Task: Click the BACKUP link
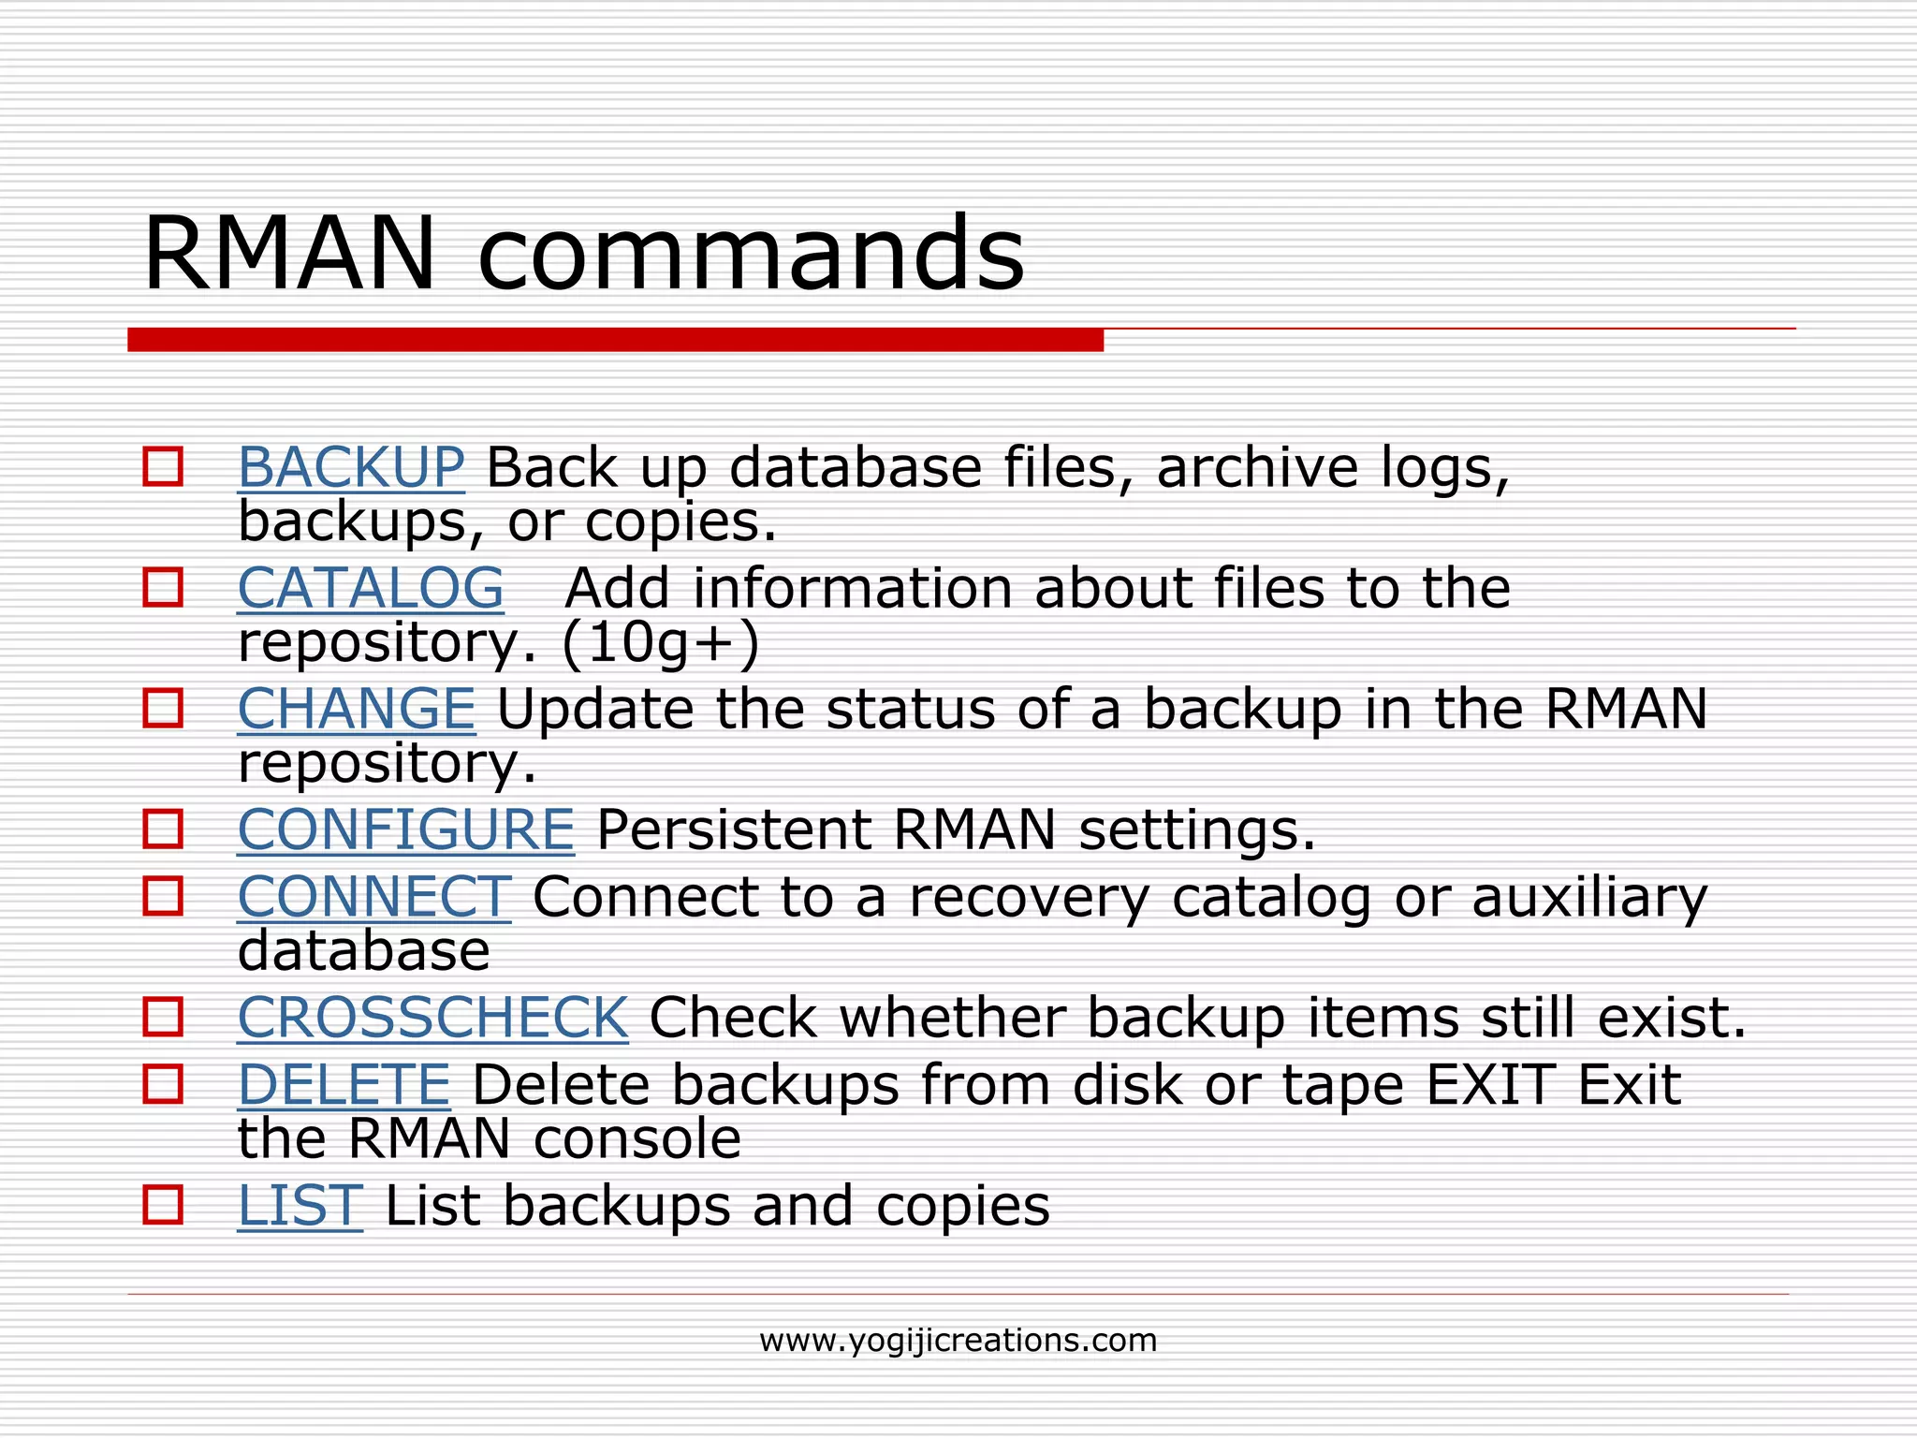350,467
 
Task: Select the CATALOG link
371,588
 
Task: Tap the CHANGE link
356,709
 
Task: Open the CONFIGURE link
405,829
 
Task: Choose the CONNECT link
373,897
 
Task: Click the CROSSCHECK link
432,1018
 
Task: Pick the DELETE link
344,1085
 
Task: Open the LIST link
300,1206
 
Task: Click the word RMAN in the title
290,255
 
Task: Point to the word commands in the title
751,255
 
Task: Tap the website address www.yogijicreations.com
958,1341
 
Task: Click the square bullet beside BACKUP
163,466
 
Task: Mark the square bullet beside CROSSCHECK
163,1017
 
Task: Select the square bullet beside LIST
163,1205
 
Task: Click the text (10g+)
661,644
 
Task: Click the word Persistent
734,829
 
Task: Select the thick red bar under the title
615,340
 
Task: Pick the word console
637,1139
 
